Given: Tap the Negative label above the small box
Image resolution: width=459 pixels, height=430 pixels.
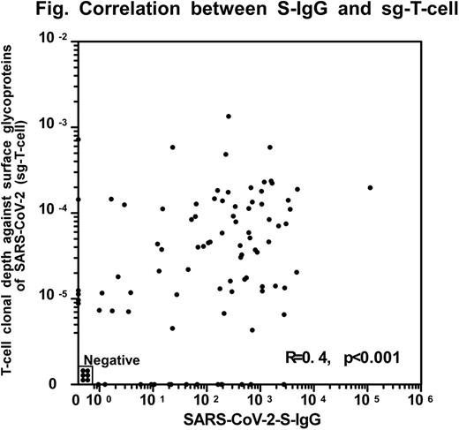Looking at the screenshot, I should [x=110, y=358].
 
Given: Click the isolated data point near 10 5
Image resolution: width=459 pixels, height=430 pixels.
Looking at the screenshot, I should [x=370, y=187].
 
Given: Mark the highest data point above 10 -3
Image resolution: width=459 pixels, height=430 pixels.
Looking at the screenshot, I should [x=229, y=116].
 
